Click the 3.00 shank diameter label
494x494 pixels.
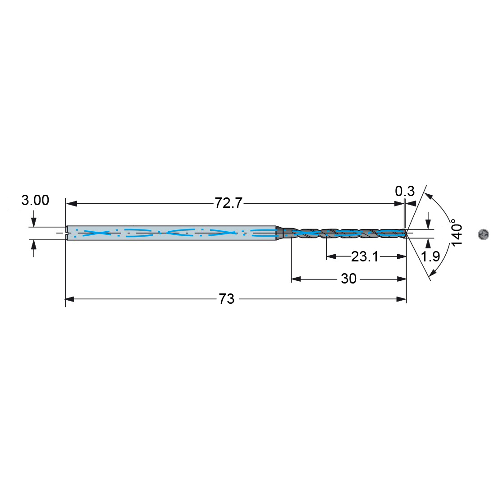[x=35, y=201]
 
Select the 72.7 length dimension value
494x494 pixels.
[x=229, y=203]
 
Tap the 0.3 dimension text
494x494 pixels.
[x=405, y=191]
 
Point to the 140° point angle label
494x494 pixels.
[x=457, y=233]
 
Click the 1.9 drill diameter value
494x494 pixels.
[x=430, y=256]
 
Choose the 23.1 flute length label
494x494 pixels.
[x=365, y=257]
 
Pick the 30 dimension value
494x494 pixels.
[x=349, y=279]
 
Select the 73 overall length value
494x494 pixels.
[x=227, y=299]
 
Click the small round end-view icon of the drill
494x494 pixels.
[x=483, y=234]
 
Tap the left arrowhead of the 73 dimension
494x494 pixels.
[x=69, y=299]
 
